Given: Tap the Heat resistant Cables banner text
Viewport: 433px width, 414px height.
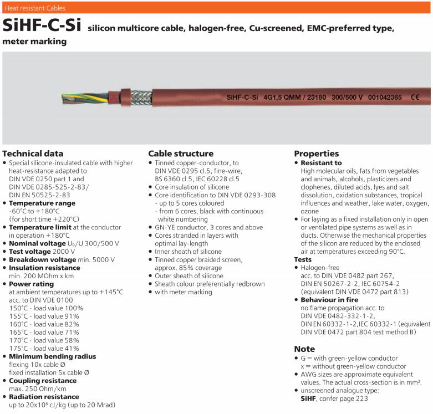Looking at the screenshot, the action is (x=35, y=8).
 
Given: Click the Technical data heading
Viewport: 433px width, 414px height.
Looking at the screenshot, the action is (x=33, y=154).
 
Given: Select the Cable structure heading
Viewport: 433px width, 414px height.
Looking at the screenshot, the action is (x=181, y=154).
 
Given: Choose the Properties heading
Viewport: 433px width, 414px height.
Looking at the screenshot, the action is (x=316, y=154).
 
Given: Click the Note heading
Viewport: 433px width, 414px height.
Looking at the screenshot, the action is (x=304, y=349).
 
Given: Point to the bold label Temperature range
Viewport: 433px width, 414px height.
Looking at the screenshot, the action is (x=42, y=203).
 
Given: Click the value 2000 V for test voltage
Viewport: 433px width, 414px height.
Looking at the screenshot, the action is (x=63, y=252).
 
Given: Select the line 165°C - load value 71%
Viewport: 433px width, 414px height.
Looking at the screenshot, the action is (x=44, y=332).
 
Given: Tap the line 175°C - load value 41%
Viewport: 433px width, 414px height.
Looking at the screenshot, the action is (x=44, y=348).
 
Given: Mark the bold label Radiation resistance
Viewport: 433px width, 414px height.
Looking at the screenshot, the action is (x=44, y=396).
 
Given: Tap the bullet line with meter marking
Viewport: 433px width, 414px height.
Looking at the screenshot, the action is (x=184, y=292).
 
